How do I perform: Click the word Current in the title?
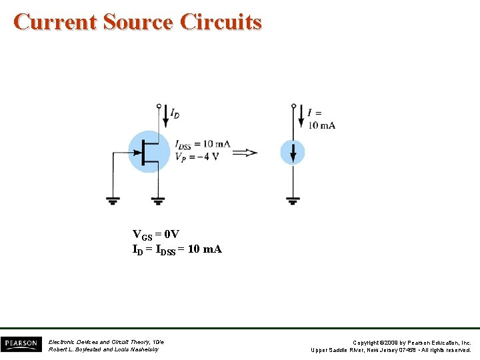point(55,22)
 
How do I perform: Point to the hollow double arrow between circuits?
point(245,153)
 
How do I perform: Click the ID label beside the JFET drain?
point(174,115)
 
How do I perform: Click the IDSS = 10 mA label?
point(203,144)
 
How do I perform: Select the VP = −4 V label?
point(197,157)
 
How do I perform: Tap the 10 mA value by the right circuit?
point(321,125)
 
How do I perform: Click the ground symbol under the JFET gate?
point(114,199)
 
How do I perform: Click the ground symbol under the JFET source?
point(158,199)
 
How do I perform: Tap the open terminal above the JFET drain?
point(158,105)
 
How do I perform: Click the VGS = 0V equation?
point(155,235)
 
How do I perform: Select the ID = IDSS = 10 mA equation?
point(177,249)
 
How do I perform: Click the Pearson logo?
point(21,344)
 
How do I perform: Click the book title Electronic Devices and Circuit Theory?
point(106,341)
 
